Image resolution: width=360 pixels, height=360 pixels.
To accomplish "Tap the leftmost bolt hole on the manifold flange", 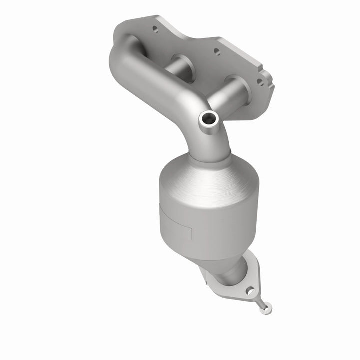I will point(155,29).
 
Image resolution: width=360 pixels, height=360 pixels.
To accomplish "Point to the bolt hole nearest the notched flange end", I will point(260,81).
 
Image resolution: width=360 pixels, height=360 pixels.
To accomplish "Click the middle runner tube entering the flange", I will point(183,64).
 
